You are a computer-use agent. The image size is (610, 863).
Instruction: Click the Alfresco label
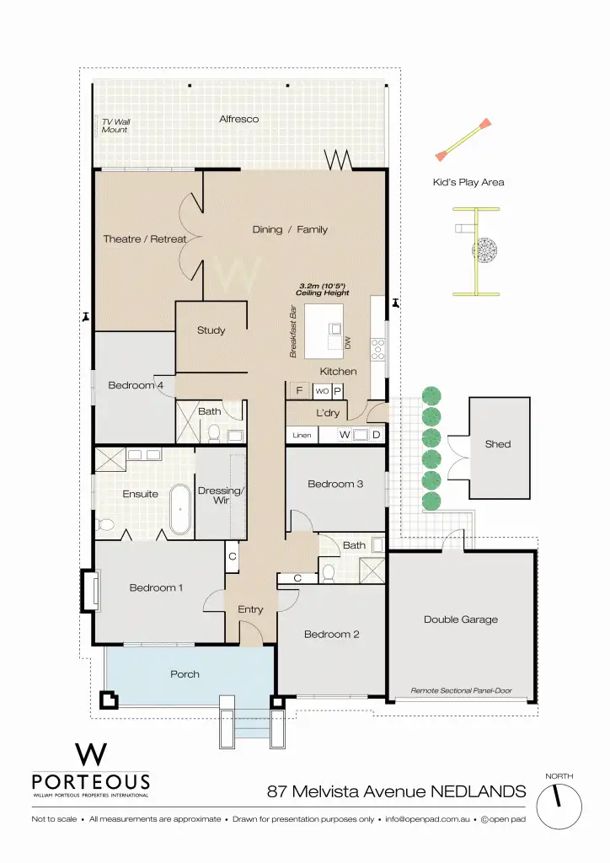coord(238,119)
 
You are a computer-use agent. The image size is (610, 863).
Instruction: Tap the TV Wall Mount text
coord(116,126)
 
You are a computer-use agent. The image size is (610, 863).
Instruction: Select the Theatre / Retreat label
coord(144,239)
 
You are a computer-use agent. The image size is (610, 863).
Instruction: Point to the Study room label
coord(211,330)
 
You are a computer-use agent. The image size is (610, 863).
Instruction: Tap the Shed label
coord(497,444)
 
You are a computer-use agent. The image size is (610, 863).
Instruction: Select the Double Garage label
coord(460,619)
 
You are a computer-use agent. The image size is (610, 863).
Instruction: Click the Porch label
coord(185,673)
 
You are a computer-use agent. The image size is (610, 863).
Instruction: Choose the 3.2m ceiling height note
coord(324,289)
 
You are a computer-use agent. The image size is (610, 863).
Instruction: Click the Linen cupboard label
coord(302,436)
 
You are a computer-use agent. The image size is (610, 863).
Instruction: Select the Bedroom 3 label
coord(335,484)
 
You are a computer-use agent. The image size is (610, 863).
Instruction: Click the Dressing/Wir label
coord(220,496)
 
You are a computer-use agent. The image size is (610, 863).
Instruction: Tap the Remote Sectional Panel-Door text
coord(461,690)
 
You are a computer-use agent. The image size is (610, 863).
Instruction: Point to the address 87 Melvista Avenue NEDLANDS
coord(396,791)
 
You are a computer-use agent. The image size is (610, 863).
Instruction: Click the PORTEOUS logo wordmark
coord(90,781)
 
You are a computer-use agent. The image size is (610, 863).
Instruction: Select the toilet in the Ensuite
coord(106,524)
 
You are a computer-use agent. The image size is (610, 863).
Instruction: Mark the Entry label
coord(250,609)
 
